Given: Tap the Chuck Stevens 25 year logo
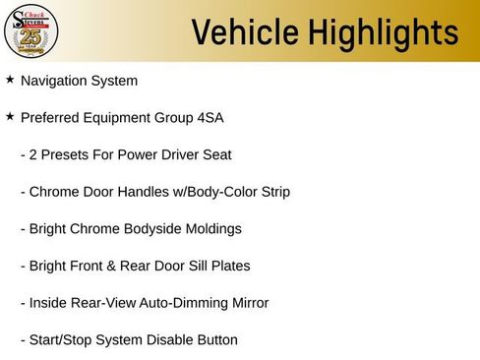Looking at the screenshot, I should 31,31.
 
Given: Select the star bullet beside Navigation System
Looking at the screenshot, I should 10,80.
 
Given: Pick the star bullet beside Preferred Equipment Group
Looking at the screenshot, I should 10,117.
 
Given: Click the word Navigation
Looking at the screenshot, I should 56,81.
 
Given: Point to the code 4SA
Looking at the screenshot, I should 210,118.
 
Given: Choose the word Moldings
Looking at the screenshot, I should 211,229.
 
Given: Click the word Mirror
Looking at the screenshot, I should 246,303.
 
